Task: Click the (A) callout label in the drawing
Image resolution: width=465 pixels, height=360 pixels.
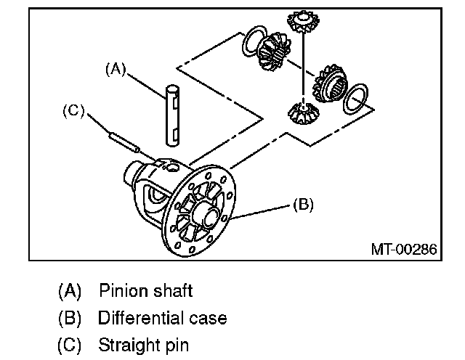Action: [116, 69]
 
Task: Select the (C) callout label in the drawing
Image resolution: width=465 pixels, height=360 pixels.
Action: [74, 111]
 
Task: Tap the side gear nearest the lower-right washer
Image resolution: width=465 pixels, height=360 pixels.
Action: [328, 83]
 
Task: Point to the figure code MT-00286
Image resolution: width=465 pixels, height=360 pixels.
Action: [404, 249]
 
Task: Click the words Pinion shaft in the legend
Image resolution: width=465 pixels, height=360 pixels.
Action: [145, 291]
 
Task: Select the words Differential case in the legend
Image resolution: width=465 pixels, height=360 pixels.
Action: [162, 318]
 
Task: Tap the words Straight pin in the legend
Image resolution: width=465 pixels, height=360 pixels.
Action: [143, 344]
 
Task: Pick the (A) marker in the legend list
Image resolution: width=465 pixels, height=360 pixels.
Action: [70, 291]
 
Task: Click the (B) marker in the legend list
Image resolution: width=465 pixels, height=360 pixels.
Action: [70, 318]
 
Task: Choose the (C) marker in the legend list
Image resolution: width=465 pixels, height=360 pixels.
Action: [70, 344]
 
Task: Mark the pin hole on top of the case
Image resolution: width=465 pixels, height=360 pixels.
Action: [172, 168]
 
